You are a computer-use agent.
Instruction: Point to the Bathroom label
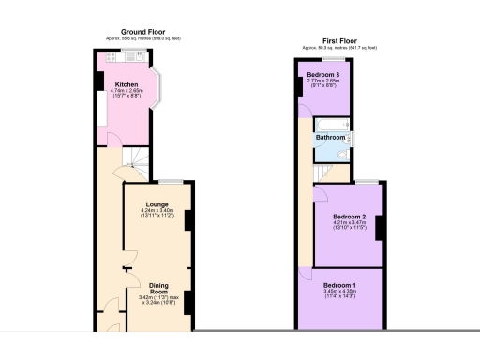click(330, 138)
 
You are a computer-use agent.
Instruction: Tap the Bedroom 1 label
click(340, 284)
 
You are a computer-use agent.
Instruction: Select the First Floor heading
click(340, 42)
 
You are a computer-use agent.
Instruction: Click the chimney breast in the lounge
click(188, 218)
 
